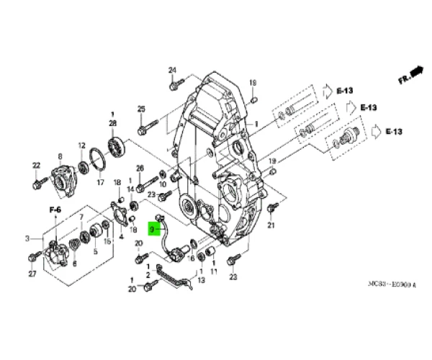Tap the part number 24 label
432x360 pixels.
click(x=172, y=70)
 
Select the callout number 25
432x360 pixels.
click(x=141, y=109)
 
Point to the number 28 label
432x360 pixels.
click(x=112, y=124)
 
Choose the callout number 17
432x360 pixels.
click(x=100, y=182)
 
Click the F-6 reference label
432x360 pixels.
click(x=54, y=209)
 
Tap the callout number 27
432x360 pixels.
click(x=32, y=274)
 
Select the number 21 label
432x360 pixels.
click(x=271, y=225)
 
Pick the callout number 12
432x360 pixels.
click(x=81, y=145)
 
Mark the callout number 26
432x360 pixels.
click(x=140, y=168)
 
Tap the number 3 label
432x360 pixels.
click(x=27, y=238)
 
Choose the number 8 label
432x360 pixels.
click(x=60, y=156)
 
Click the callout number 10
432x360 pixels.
click(x=162, y=184)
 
